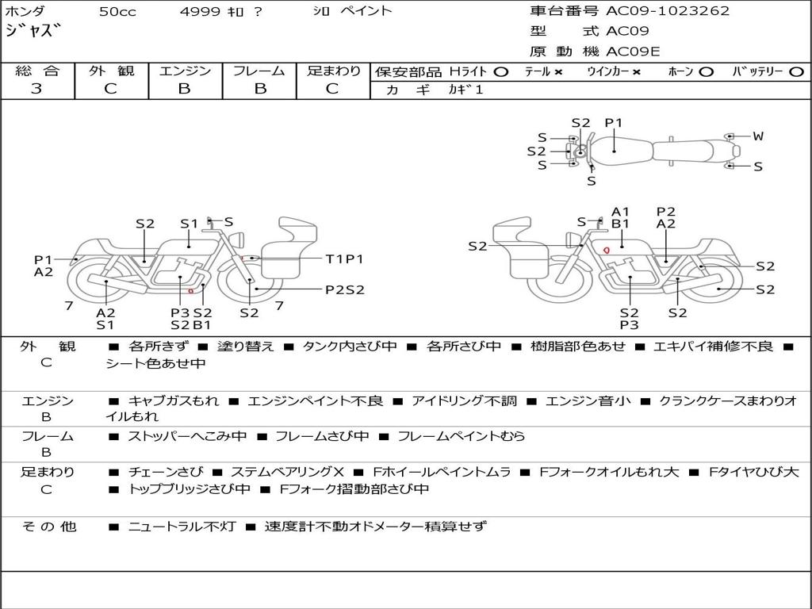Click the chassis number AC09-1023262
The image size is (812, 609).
click(x=668, y=11)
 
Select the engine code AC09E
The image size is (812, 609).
click(x=633, y=52)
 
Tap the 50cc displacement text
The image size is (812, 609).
click(x=117, y=11)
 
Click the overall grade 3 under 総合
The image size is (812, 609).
click(x=36, y=89)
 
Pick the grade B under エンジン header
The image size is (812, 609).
click(x=184, y=89)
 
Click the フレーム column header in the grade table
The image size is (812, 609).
click(x=259, y=71)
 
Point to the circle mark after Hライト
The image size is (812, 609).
click(x=501, y=72)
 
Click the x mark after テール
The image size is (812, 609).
click(x=558, y=72)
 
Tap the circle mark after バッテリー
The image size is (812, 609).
click(x=797, y=72)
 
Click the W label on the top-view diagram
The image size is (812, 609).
click(x=758, y=136)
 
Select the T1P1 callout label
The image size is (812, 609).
click(x=344, y=259)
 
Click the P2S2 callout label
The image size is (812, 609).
click(x=345, y=289)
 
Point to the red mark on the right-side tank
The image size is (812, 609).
click(x=607, y=251)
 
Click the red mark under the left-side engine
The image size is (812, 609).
click(x=190, y=291)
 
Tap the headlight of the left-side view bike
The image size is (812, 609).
click(x=238, y=239)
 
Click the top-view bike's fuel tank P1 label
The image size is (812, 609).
click(x=614, y=123)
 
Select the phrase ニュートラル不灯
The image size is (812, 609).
click(x=182, y=527)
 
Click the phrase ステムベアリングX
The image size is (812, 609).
click(x=287, y=472)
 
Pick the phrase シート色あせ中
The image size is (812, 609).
click(x=156, y=363)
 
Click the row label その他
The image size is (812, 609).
click(x=49, y=527)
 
